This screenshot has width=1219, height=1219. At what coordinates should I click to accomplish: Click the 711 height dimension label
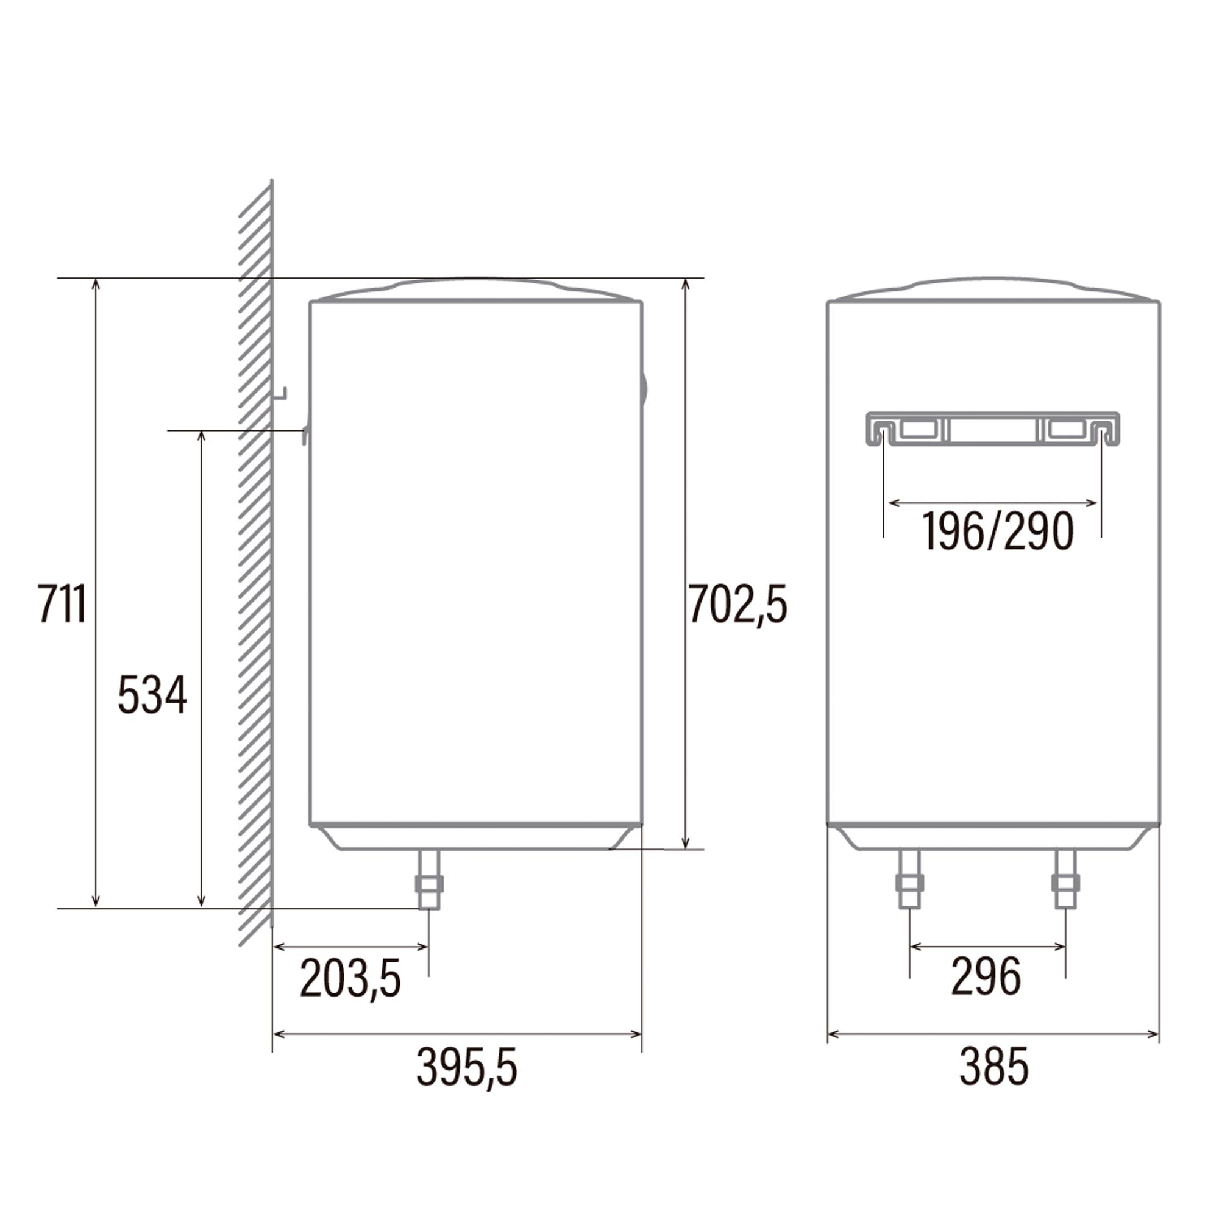pos(62,604)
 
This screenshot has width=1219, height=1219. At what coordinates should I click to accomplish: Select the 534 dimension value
pos(153,695)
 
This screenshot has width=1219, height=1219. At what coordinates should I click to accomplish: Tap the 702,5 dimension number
pos(737,604)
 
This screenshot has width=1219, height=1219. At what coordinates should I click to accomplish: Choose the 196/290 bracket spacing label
pos(998,531)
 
